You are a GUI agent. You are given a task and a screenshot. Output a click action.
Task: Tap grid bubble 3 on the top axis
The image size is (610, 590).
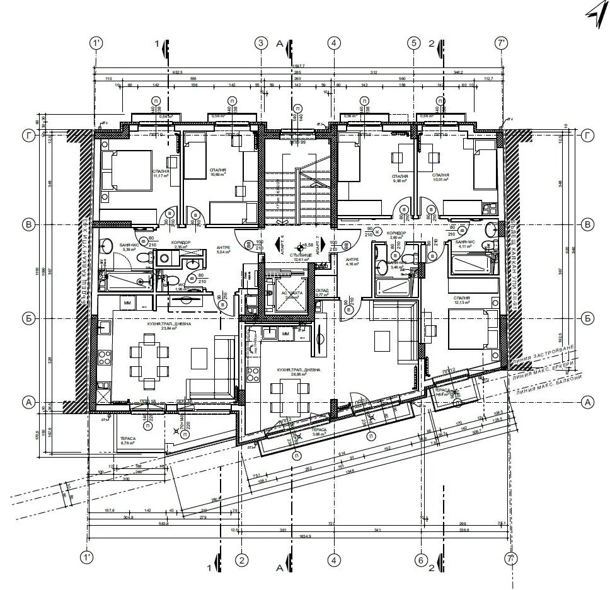(x=261, y=43)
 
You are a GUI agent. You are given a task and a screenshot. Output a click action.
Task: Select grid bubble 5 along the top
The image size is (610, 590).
(x=413, y=43)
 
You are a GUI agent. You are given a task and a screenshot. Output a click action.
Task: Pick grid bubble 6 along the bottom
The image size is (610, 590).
(x=421, y=559)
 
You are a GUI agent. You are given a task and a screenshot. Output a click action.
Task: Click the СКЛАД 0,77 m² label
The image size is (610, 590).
(x=323, y=292)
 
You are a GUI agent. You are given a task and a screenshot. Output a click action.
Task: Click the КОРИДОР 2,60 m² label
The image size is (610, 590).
(x=398, y=236)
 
